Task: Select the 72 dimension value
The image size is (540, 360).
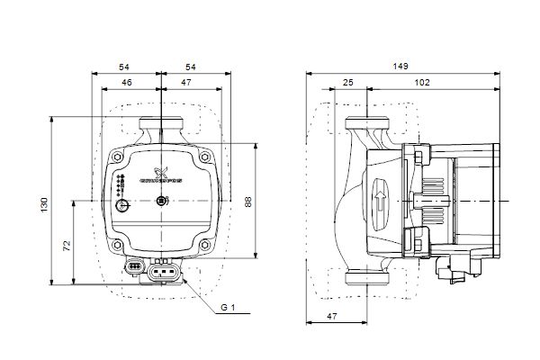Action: (67, 245)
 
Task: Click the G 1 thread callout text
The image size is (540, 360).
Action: (227, 308)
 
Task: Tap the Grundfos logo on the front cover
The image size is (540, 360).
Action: (162, 176)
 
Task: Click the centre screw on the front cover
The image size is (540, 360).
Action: (162, 201)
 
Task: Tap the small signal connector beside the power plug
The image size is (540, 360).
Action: (134, 266)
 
